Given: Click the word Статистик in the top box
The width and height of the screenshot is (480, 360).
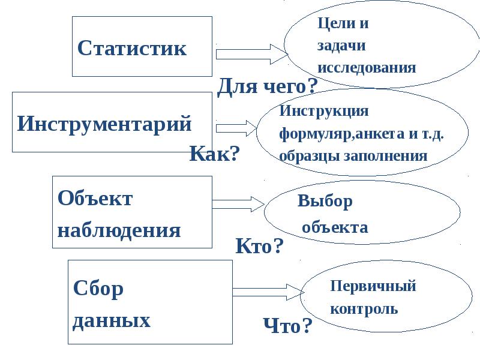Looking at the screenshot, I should click(132, 49).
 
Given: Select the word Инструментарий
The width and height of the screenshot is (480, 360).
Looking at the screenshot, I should click(104, 124).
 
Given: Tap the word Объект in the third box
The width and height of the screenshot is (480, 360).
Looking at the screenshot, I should click(95, 199).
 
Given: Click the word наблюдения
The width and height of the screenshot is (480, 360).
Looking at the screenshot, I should click(119, 230).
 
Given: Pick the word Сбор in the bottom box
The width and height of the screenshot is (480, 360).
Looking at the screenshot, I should click(98, 289).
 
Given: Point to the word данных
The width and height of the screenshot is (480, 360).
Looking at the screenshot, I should click(111, 320).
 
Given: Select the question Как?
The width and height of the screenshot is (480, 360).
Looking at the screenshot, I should click(215, 154).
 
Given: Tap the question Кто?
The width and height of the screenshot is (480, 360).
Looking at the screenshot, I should click(259, 246).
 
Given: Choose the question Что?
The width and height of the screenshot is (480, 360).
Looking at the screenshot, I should click(288, 326).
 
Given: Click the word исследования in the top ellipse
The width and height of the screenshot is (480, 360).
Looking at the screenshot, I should click(367, 67).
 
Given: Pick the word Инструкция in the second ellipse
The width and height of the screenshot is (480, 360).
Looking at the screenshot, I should click(324, 111).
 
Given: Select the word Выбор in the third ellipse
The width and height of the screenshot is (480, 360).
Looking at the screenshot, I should click(325, 201).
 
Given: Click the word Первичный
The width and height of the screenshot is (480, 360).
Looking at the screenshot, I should click(373, 286).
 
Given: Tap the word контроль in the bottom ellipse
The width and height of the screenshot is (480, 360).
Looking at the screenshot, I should click(364, 310).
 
